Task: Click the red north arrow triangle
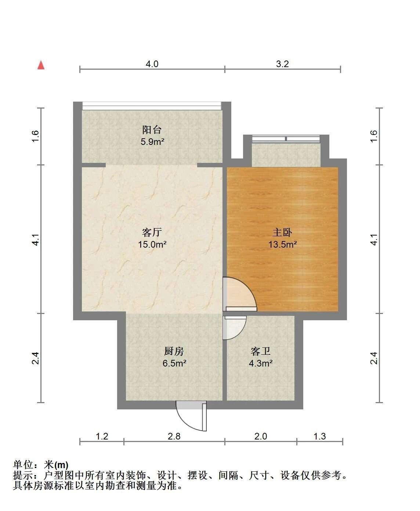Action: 41,65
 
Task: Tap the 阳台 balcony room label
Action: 152,130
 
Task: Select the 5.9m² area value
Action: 152,142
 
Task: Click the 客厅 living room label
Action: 152,232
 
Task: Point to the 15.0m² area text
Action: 152,244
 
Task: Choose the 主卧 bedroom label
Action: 282,232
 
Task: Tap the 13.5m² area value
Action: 282,244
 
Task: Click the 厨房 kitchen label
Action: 174,351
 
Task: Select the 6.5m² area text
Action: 174,363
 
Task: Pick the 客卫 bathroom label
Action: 260,351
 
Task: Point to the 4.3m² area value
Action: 261,363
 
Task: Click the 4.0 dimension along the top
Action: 152,64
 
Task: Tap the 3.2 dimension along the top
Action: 282,64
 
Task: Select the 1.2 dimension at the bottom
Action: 102,437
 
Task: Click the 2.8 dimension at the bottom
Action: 174,437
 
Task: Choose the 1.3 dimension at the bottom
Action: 320,437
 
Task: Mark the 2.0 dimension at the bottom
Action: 261,437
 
